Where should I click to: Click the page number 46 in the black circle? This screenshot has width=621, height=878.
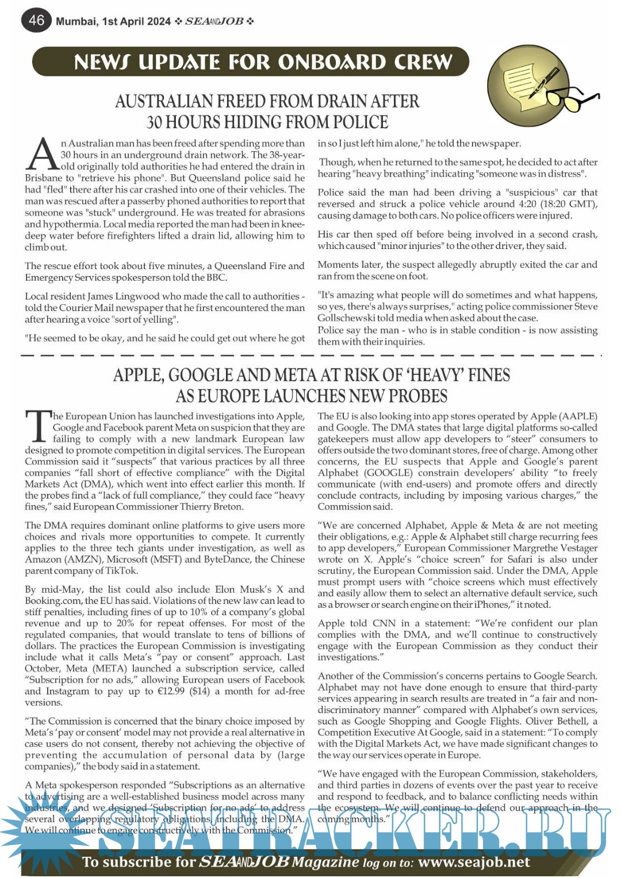coord(36,20)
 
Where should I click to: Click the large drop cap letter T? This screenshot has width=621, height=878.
coord(38,427)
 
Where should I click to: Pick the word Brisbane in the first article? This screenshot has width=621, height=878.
coord(44,178)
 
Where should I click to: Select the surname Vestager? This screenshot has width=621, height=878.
coord(576,548)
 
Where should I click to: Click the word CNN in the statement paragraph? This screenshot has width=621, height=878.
coord(384,623)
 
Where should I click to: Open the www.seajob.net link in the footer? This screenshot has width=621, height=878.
coord(474,862)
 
